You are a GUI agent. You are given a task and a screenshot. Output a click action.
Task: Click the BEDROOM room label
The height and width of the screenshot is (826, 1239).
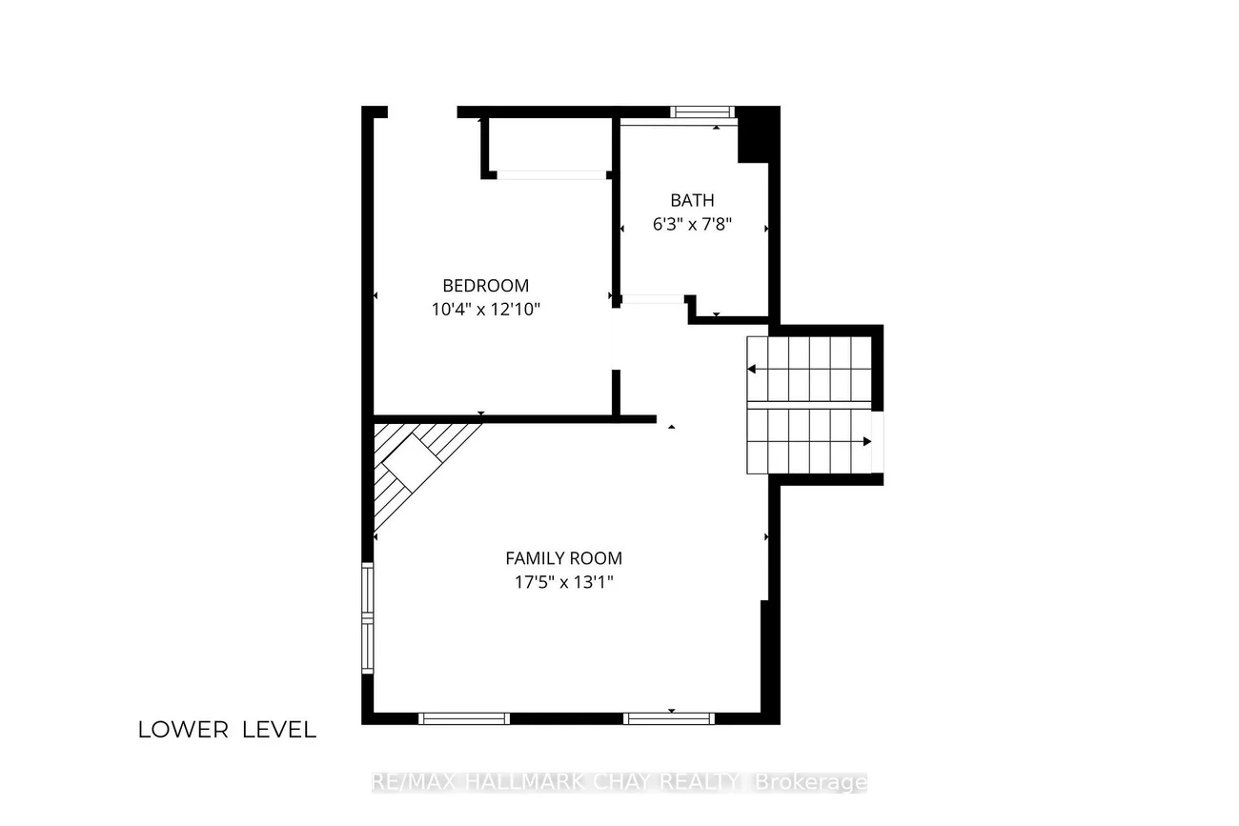click(486, 285)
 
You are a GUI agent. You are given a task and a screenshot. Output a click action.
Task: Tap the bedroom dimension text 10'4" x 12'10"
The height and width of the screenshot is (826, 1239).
click(486, 309)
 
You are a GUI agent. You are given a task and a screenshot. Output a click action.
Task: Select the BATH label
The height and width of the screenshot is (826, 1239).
click(692, 200)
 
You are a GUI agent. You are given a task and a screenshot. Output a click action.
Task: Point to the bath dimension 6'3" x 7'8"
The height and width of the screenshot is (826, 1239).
click(692, 224)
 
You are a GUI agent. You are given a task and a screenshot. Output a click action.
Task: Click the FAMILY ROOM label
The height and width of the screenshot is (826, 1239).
click(563, 558)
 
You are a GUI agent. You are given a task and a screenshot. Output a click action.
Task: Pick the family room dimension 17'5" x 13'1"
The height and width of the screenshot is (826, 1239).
click(563, 582)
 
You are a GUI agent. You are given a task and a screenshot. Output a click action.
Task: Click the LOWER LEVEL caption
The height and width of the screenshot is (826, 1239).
click(227, 730)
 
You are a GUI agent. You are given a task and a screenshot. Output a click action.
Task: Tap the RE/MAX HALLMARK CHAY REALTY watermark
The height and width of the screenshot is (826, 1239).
click(619, 782)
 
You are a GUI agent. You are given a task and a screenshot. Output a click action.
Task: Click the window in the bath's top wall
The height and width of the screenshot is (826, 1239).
click(702, 112)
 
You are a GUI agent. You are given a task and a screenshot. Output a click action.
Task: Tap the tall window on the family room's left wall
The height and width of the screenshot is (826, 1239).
click(367, 617)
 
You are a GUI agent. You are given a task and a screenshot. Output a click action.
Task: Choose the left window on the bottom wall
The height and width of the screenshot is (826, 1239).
click(463, 718)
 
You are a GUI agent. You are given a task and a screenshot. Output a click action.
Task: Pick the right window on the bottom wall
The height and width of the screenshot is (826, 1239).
click(669, 718)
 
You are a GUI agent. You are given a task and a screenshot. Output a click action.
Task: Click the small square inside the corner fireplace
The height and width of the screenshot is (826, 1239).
click(412, 463)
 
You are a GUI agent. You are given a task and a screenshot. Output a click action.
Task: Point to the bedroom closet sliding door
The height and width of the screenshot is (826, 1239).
click(552, 175)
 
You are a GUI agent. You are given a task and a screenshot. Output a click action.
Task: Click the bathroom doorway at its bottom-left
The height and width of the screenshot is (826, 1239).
click(653, 299)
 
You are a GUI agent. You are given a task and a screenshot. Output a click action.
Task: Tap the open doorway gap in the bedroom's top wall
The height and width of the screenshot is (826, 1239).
click(422, 112)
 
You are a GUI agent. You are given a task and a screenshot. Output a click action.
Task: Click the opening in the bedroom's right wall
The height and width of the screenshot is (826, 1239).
click(616, 339)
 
